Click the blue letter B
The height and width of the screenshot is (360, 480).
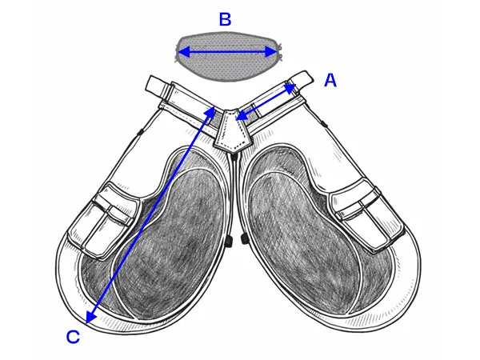click(225, 19)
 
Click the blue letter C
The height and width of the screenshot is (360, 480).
click(73, 337)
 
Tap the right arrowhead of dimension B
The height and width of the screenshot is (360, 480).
click(275, 53)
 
